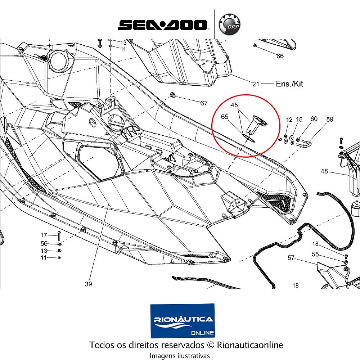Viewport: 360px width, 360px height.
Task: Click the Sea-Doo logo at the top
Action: [x=163, y=25]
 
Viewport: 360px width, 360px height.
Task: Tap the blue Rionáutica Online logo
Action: [x=183, y=321]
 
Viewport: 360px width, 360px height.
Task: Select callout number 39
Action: [x=89, y=284]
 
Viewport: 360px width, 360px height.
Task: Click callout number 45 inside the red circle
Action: [x=234, y=105]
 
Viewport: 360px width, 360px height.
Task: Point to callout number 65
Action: [x=225, y=117]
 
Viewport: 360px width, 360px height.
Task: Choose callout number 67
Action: [x=204, y=103]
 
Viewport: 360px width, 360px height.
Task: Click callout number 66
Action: [x=280, y=56]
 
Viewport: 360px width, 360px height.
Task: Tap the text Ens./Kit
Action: [x=289, y=84]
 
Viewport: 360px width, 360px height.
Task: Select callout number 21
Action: [x=256, y=84]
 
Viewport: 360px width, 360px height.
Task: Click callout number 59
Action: [x=330, y=119]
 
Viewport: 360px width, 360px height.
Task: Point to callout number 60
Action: [x=314, y=119]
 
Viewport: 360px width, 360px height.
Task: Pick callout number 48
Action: [x=324, y=171]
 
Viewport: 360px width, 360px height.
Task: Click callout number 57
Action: [x=291, y=258]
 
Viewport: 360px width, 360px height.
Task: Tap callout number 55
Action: [x=315, y=254]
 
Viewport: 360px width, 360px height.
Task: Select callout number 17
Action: [x=44, y=235]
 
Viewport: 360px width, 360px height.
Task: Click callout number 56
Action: [x=44, y=243]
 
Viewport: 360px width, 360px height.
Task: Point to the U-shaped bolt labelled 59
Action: [x=303, y=143]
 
